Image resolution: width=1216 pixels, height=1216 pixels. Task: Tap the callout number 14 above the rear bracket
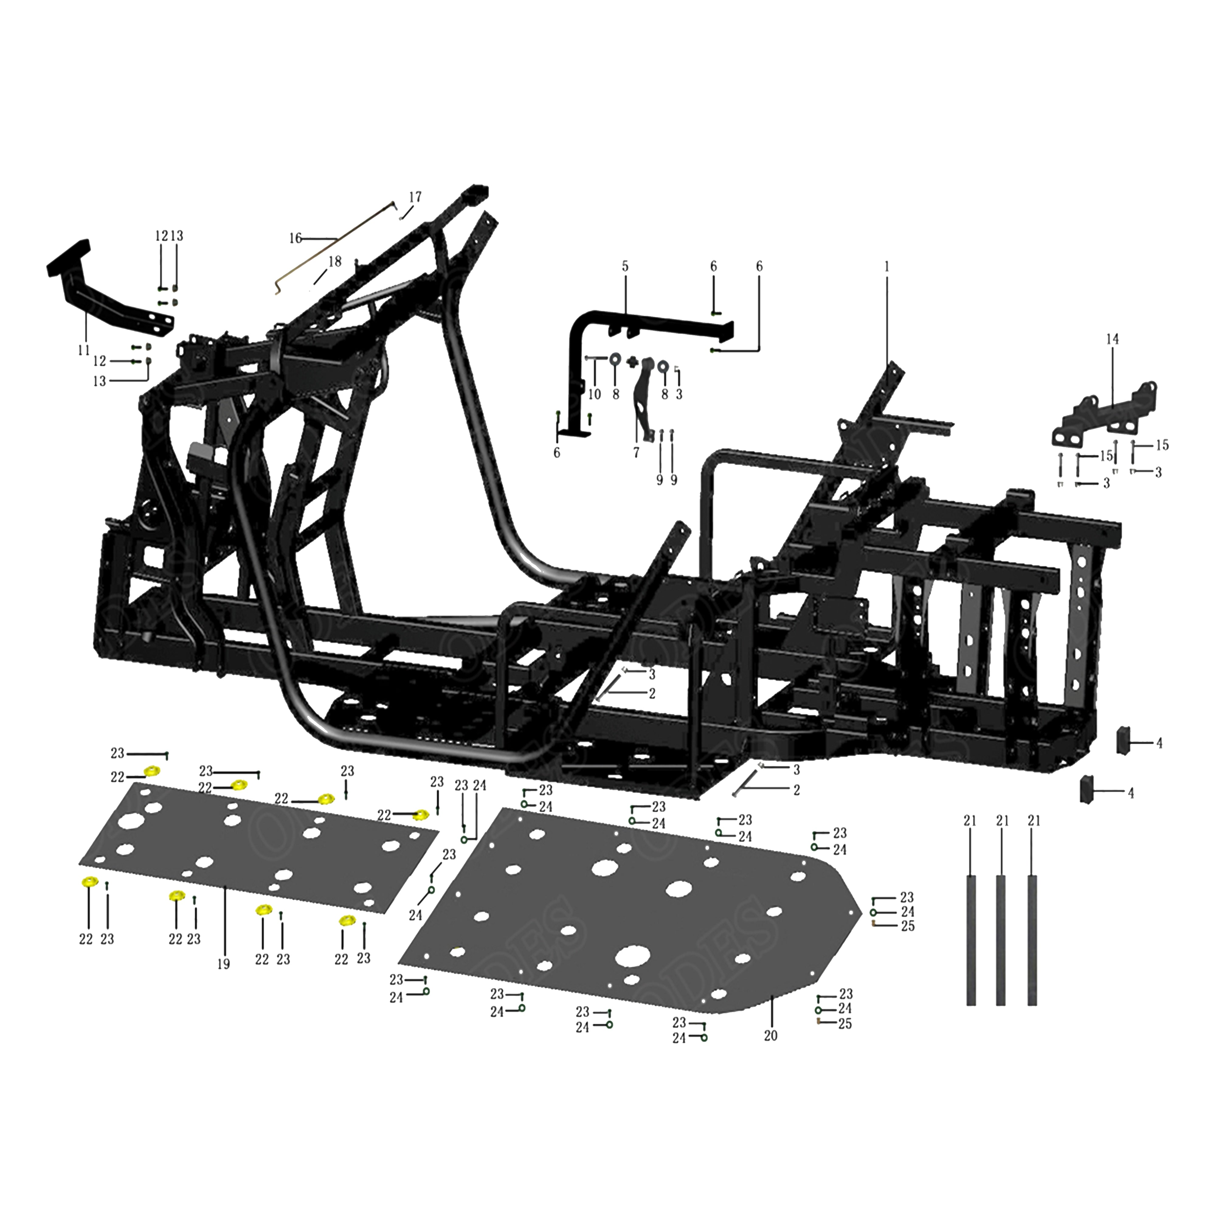point(1112,339)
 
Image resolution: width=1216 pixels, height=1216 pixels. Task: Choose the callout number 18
point(334,261)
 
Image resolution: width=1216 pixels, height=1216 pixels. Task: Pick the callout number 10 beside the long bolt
point(594,395)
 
